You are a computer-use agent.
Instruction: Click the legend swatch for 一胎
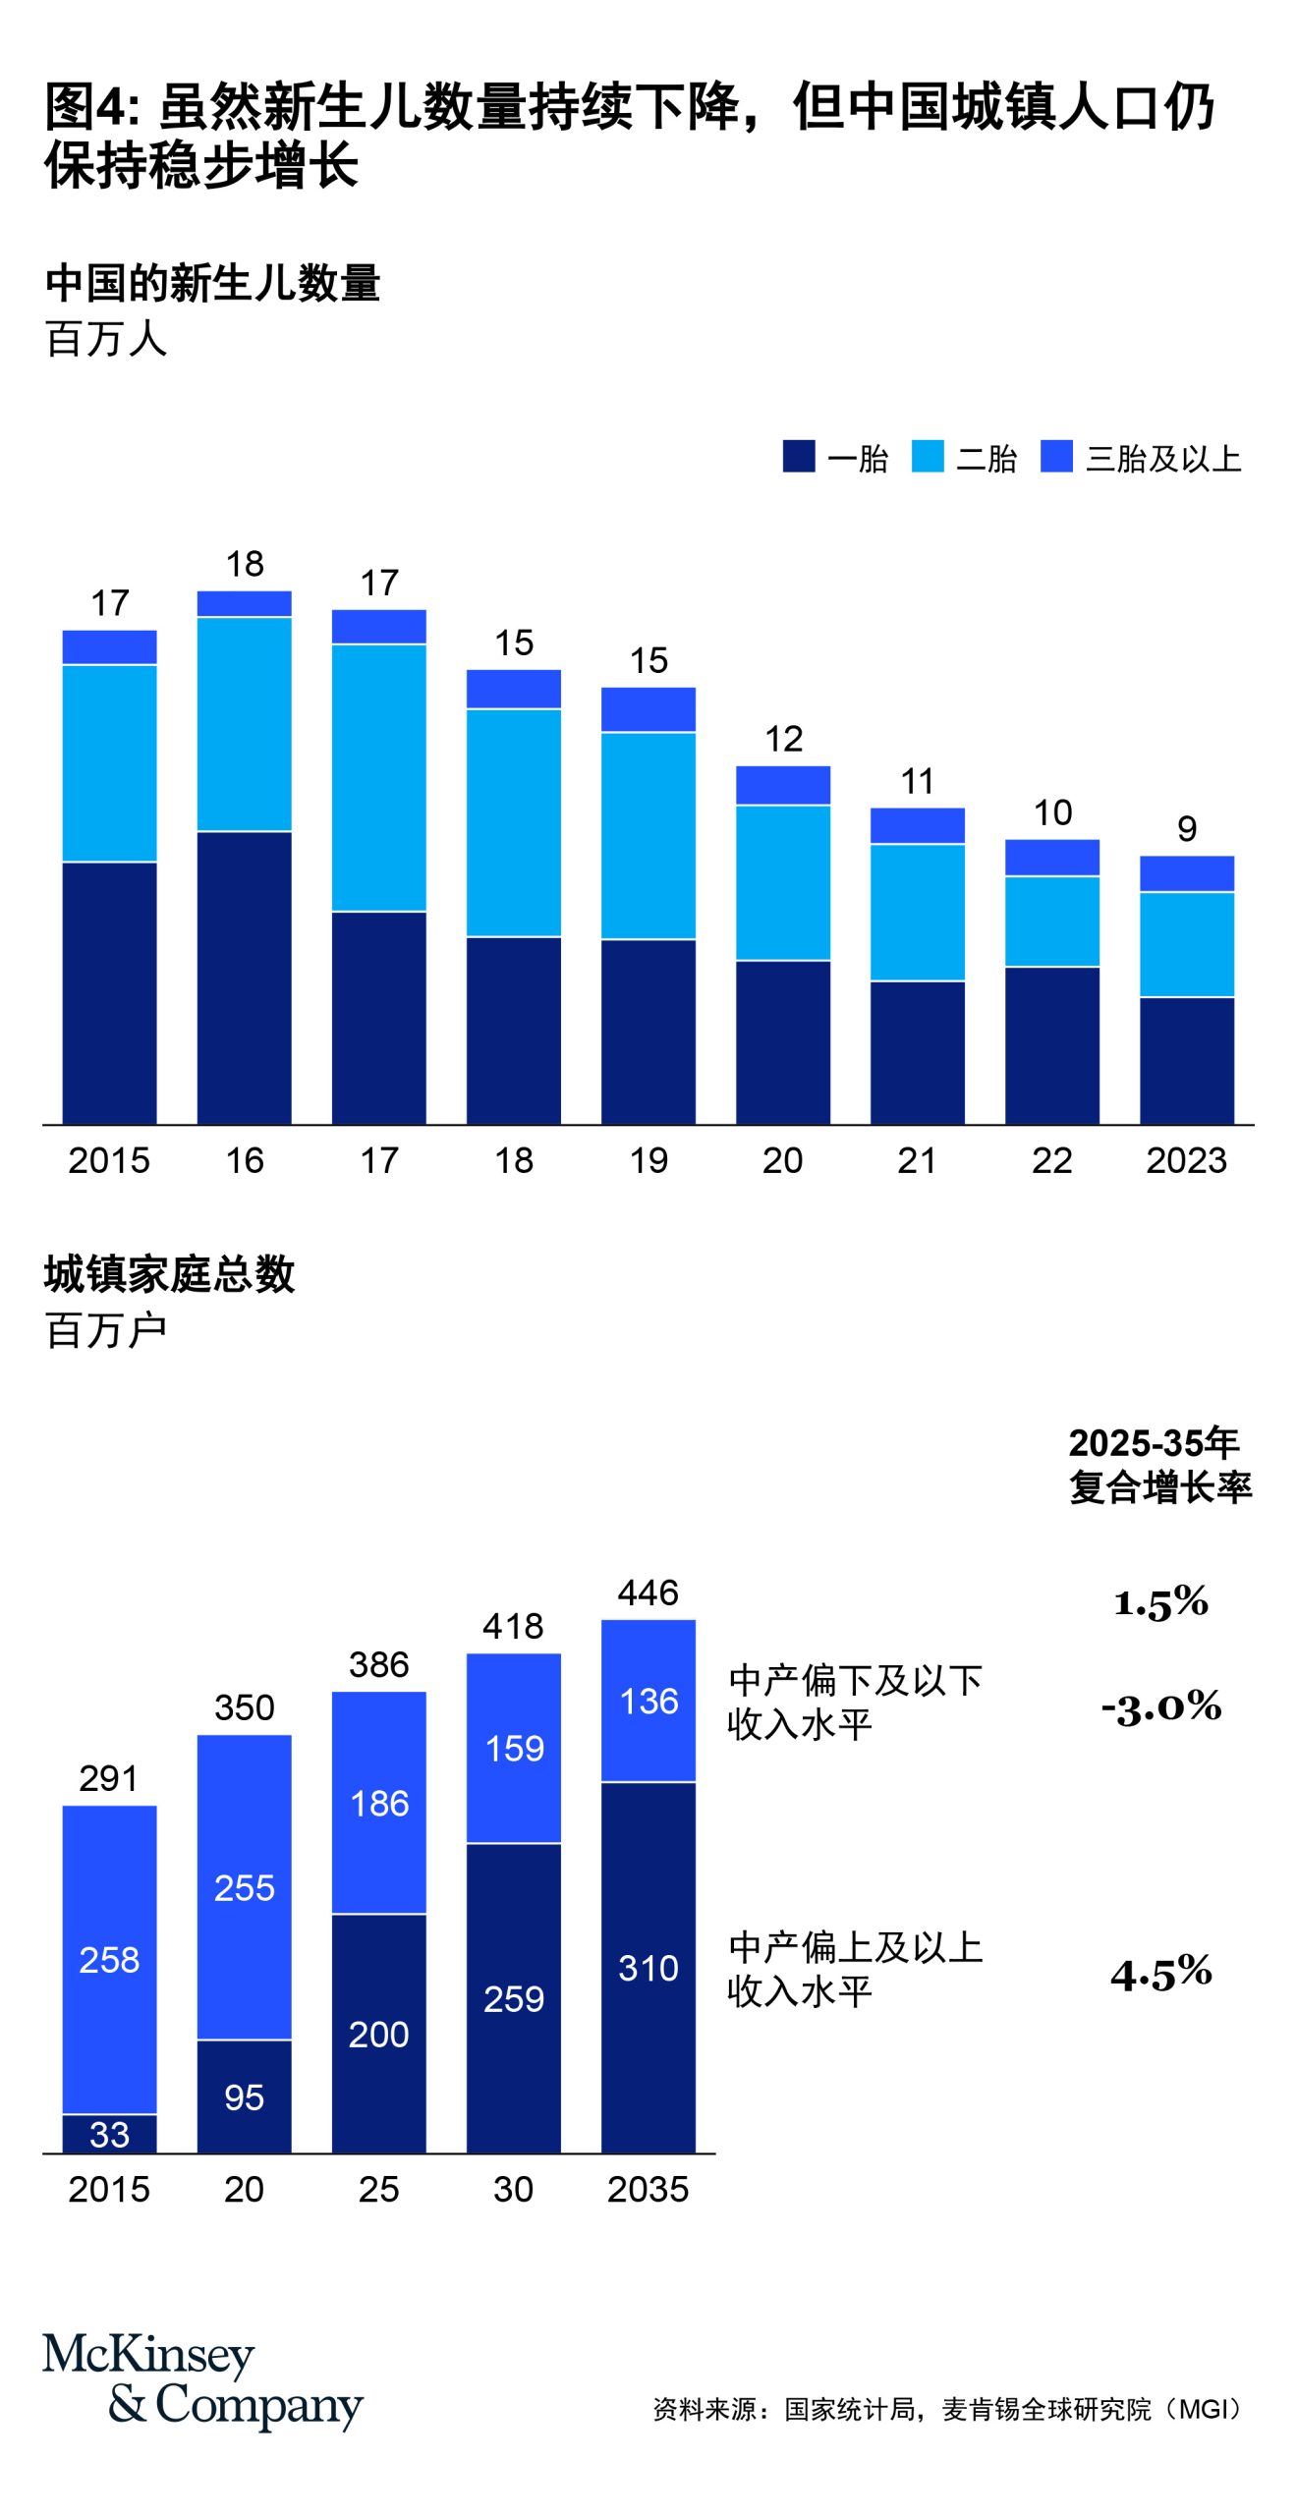tap(798, 456)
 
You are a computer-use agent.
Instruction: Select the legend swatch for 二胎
tap(927, 456)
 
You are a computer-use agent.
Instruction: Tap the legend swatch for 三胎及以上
tap(1056, 456)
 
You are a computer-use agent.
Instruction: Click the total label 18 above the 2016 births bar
tap(245, 564)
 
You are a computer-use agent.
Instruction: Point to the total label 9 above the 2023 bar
tap(1187, 828)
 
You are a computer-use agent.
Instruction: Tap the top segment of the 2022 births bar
tap(1052, 857)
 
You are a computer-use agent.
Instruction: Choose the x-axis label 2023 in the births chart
tap(1187, 1160)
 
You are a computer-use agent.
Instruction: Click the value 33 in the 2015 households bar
tap(109, 2134)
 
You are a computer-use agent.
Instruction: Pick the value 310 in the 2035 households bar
tap(648, 1967)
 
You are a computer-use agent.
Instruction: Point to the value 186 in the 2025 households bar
tap(379, 1803)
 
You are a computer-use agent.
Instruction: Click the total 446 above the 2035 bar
tap(648, 1592)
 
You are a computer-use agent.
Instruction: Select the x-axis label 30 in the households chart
tap(513, 2189)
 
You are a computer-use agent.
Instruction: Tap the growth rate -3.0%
tap(1161, 1706)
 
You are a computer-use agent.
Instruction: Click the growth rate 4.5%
tap(1161, 1973)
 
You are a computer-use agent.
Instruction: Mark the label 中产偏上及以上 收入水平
tap(855, 1969)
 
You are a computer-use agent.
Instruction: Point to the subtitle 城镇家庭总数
tap(169, 1274)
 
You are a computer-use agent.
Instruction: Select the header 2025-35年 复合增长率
tap(1159, 1464)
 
